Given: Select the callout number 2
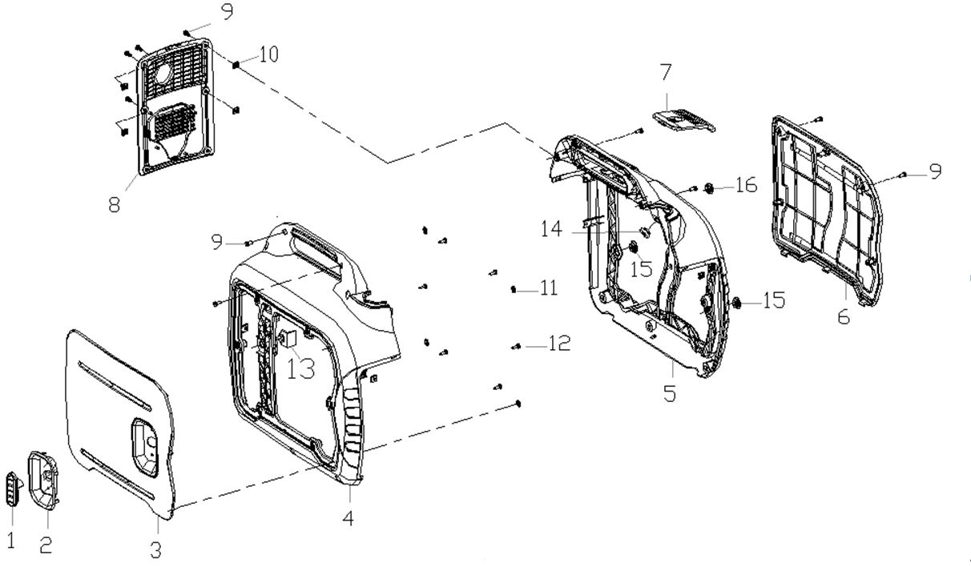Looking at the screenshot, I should point(46,545).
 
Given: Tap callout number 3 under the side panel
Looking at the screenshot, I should point(156,549).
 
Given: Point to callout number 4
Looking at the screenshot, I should point(348,518).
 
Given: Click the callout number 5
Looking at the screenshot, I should point(670,394).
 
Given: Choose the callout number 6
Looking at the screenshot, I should point(844,316).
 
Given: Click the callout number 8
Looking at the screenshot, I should point(115,204).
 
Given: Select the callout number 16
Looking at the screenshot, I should point(744,186).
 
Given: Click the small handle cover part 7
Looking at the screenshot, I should point(683,119).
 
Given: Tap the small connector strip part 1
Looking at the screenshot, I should point(12,489).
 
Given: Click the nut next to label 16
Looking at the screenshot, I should point(710,188).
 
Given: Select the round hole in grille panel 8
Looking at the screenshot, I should point(166,72).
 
